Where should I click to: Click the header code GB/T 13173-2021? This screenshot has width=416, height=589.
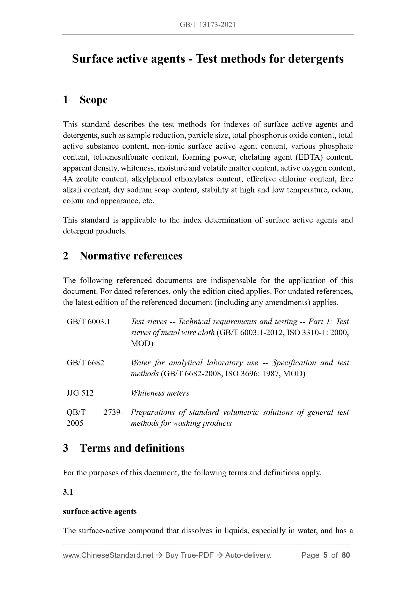click(208, 25)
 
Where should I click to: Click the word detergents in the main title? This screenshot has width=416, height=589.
click(316, 59)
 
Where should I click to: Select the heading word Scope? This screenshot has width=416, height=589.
click(94, 100)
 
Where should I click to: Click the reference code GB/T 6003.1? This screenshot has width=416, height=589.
click(89, 321)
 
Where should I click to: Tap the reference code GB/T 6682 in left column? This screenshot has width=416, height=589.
click(85, 362)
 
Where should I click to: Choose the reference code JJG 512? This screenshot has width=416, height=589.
click(80, 393)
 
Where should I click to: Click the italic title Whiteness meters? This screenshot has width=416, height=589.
click(160, 393)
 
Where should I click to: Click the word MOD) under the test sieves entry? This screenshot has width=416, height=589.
click(142, 343)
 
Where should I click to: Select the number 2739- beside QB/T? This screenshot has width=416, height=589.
click(113, 412)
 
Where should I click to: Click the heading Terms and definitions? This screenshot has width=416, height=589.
click(132, 448)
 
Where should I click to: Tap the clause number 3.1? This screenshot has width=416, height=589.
click(68, 492)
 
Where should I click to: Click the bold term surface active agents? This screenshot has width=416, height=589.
click(100, 511)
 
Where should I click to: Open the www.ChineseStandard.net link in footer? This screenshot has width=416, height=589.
click(108, 555)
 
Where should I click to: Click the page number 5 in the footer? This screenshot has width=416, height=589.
click(325, 555)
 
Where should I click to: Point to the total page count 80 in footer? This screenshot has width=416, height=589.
click(345, 555)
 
